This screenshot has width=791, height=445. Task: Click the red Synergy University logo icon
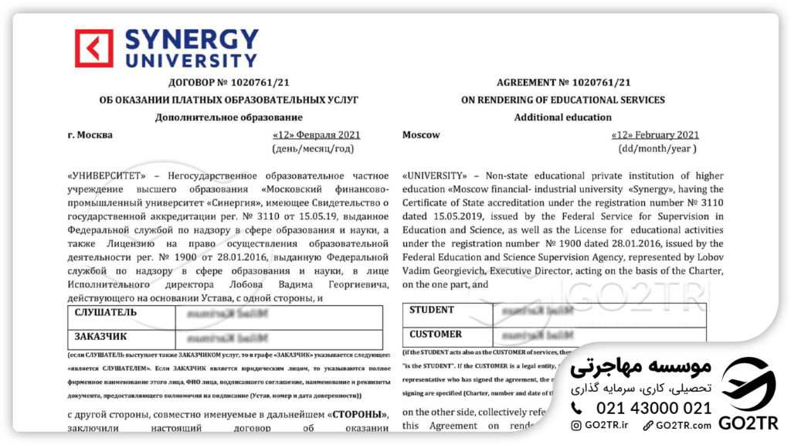pyautogui.click(x=93, y=48)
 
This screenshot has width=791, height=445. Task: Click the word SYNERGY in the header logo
pyautogui.click(x=192, y=39)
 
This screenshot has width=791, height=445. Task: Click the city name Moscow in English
pyautogui.click(x=421, y=135)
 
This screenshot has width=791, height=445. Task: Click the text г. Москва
pyautogui.click(x=90, y=135)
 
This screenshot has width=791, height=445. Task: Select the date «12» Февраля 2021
pyautogui.click(x=317, y=135)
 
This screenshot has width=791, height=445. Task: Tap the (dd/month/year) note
pyautogui.click(x=657, y=148)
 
